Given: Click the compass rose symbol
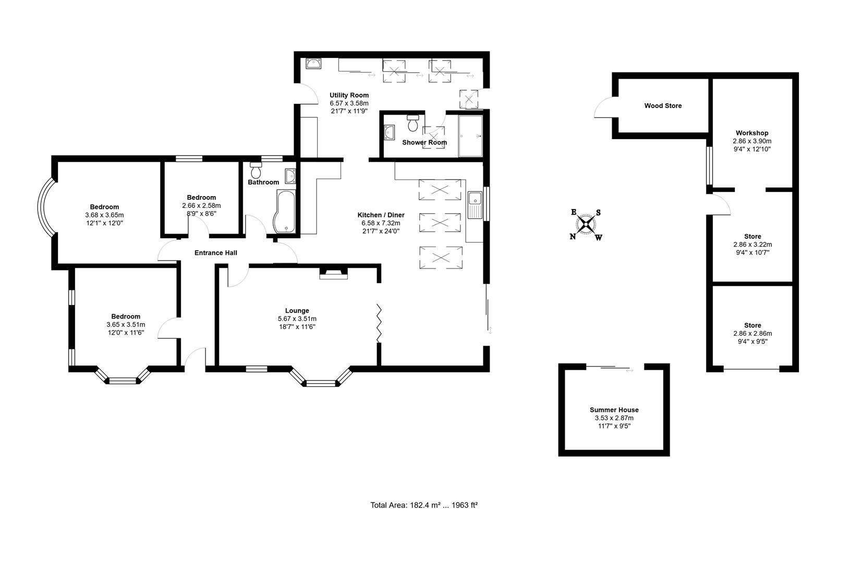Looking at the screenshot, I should coord(586,225).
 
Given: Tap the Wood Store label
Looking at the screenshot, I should coord(662,106).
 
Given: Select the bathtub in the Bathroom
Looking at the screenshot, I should coord(285,212).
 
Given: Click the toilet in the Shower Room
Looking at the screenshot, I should coord(414,124).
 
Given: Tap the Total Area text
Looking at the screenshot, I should coord(424,505).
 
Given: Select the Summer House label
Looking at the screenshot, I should coord(614,410).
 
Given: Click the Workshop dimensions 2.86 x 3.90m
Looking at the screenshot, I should coord(752,141).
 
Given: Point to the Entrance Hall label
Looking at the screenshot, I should coord(215,253).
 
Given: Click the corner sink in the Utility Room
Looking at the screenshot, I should coord(313,64).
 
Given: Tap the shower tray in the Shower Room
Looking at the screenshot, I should coord(470,136).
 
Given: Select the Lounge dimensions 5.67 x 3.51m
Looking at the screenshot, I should coord(297,319).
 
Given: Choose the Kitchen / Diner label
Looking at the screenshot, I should coord(381,215).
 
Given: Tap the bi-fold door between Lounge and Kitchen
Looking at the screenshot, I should coord(380,323).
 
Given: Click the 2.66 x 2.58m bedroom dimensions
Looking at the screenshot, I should coord(201,205).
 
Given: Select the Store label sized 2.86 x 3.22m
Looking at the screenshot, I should coord(752,236).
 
